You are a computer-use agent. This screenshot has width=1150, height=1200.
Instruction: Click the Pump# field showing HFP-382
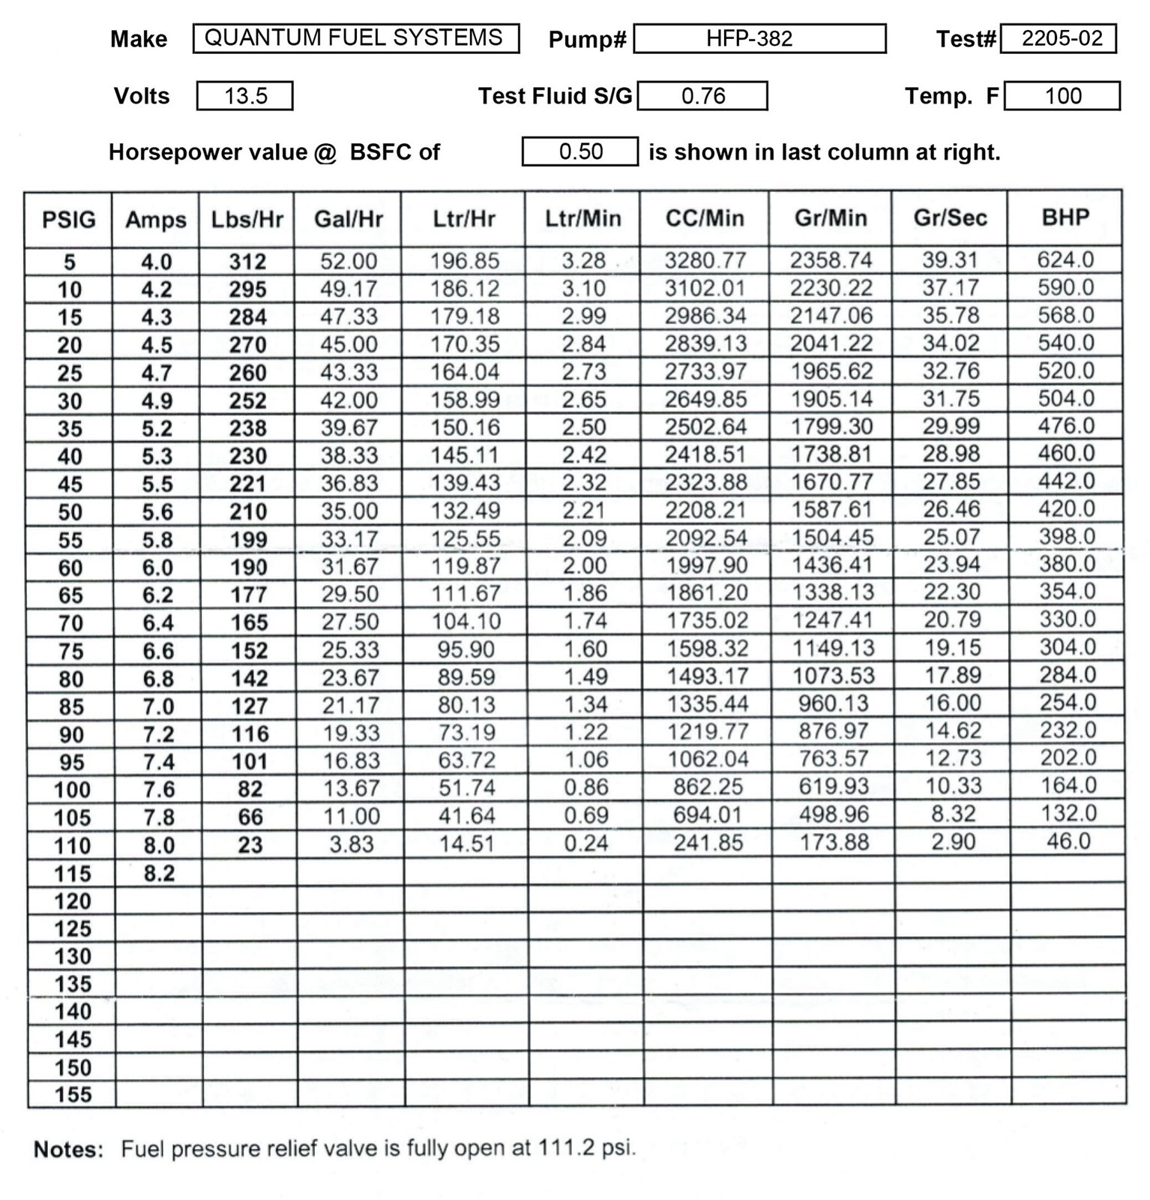(759, 38)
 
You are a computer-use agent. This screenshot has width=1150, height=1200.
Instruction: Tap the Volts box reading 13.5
(245, 96)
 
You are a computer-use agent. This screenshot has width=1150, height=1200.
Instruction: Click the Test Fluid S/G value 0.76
(702, 96)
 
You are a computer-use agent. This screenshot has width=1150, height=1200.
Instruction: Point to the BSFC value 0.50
(580, 151)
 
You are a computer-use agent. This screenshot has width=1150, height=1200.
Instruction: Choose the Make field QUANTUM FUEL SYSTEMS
(355, 38)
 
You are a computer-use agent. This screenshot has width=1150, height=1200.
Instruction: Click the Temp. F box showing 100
(1062, 96)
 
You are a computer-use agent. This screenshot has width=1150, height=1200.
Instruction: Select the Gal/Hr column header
(348, 219)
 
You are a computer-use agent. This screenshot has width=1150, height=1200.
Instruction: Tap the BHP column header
(1065, 217)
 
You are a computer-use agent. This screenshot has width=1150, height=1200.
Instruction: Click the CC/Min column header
(705, 218)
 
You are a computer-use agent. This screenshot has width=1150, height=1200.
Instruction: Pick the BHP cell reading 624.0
(1065, 259)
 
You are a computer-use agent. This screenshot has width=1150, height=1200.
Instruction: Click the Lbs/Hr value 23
(250, 844)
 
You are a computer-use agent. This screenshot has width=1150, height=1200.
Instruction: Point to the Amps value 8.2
(159, 873)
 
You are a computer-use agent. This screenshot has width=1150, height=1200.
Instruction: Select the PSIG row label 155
(73, 1094)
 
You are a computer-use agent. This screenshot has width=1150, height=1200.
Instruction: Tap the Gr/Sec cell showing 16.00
(952, 703)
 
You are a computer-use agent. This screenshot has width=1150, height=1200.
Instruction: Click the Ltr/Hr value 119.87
(466, 566)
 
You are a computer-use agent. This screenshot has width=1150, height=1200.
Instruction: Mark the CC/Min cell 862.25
(708, 787)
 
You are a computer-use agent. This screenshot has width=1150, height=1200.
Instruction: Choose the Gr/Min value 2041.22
(831, 343)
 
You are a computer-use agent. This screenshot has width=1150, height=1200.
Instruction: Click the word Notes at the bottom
(68, 1149)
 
